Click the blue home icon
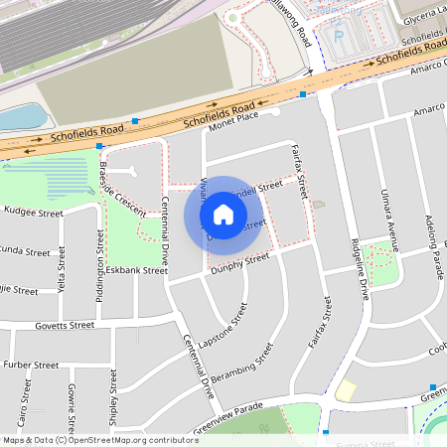pyautogui.click(x=223, y=215)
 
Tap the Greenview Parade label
pyautogui.click(x=226, y=415)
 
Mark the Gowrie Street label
pyautogui.click(x=72, y=407)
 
